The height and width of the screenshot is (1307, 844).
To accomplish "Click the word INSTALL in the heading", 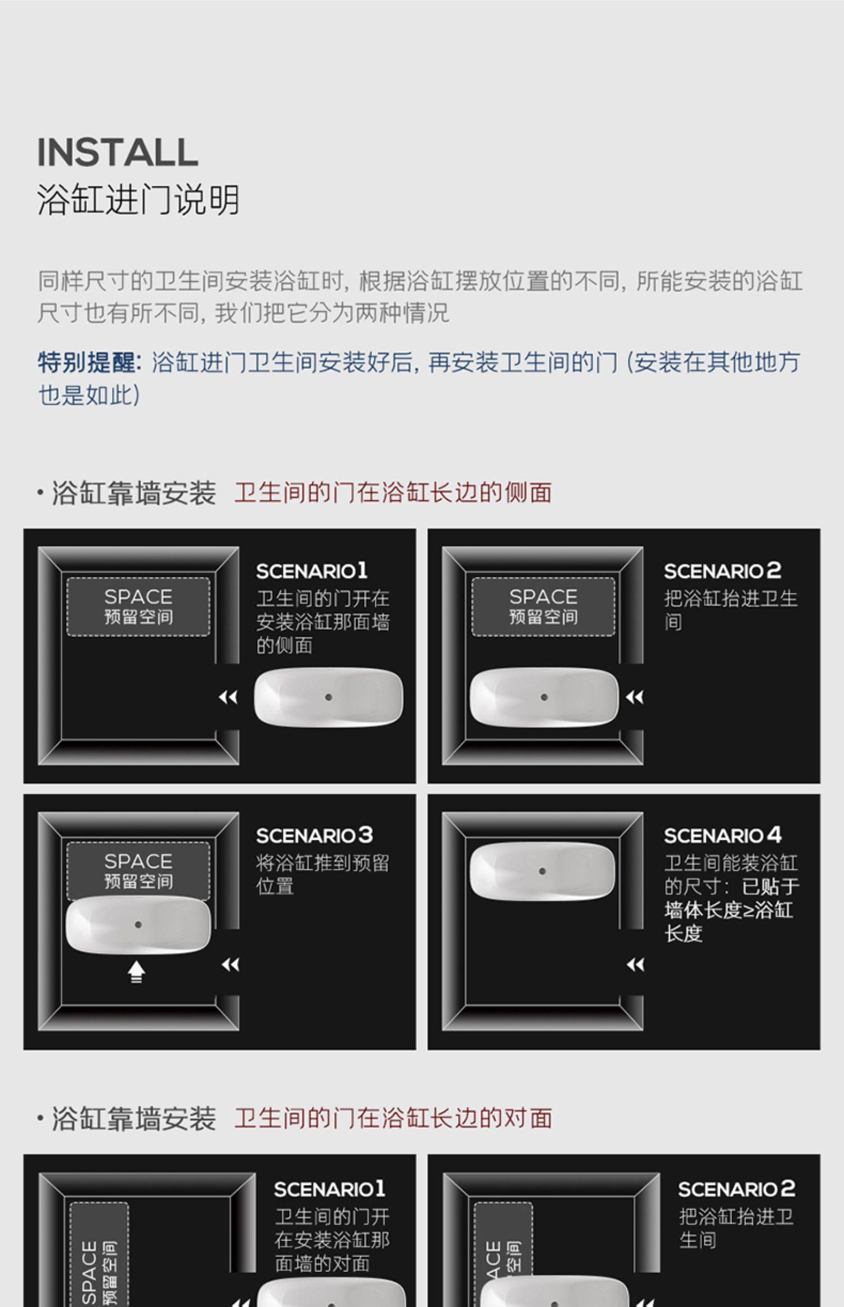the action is tap(118, 152).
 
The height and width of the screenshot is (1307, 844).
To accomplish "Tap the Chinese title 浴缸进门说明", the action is tap(138, 199).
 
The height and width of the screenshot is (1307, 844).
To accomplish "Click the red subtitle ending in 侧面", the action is tap(393, 493).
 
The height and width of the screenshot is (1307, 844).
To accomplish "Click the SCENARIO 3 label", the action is tap(315, 836).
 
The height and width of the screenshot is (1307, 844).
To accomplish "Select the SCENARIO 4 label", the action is tap(722, 836).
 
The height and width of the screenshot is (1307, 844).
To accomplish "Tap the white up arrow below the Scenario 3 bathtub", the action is tap(137, 972).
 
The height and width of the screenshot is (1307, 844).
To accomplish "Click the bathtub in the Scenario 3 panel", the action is tap(138, 926).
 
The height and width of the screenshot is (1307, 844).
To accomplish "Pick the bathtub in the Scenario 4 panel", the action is tap(542, 871).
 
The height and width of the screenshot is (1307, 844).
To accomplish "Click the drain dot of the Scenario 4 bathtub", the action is tap(542, 871).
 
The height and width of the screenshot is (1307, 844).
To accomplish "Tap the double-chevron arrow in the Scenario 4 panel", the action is tap(635, 965).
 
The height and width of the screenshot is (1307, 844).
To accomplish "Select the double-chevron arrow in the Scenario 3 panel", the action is tap(231, 965).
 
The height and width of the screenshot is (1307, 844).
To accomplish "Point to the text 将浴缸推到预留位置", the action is tap(322, 875).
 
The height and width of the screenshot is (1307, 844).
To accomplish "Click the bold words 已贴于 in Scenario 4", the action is tap(771, 887).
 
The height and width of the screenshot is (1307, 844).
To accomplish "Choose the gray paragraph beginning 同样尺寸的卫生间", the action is tap(420, 297).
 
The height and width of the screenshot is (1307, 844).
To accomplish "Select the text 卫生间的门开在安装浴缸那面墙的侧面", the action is tap(323, 622).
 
